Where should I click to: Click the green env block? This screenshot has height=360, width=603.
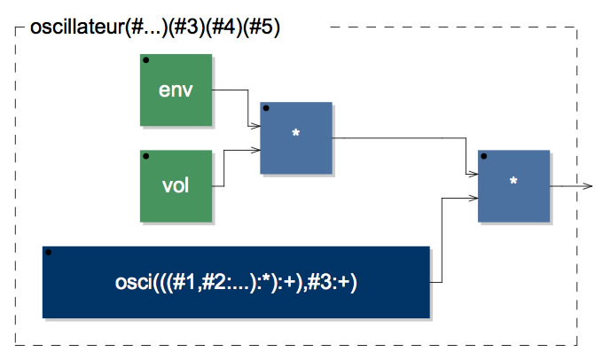[176, 90]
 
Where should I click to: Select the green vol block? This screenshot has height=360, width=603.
[176, 186]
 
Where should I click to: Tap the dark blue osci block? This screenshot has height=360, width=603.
[236, 282]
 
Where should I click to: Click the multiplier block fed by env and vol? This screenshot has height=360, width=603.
[296, 138]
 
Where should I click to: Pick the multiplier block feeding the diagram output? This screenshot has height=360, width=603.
[513, 186]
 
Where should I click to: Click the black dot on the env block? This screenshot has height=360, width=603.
[145, 60]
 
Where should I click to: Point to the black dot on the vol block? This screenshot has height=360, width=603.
[145, 157]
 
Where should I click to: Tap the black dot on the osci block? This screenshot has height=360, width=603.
[49, 253]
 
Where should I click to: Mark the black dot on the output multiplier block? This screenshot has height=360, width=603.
[484, 157]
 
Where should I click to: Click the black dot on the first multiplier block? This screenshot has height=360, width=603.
[266, 108]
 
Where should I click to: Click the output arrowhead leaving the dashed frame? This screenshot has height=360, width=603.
[588, 186]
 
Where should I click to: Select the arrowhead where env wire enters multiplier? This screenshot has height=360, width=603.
[255, 126]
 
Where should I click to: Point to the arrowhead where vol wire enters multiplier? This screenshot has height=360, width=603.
[255, 150]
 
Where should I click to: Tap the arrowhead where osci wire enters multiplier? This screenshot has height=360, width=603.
[473, 198]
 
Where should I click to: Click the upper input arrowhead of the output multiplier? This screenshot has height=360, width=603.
[473, 174]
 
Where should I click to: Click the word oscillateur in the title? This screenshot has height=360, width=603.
[77, 27]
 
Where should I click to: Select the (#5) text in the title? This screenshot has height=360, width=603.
[262, 27]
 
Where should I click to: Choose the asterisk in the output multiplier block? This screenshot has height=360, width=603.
[513, 181]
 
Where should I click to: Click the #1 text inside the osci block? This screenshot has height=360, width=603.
[184, 283]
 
